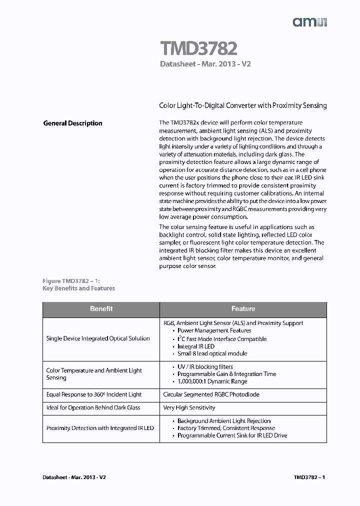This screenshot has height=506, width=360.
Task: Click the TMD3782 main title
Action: [x=198, y=48]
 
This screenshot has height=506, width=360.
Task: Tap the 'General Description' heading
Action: [x=73, y=123]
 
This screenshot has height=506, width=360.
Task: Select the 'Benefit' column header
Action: [x=101, y=309]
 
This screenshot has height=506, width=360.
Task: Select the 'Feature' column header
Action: [x=243, y=309]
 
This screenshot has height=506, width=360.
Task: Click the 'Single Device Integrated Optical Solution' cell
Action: [x=98, y=338]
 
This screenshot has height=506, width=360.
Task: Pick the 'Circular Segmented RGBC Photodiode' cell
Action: [x=211, y=394]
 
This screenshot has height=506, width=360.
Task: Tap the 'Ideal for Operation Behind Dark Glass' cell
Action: [x=93, y=407]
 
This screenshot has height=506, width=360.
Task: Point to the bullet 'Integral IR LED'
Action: [x=196, y=346]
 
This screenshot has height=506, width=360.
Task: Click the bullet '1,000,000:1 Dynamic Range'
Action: [x=212, y=381]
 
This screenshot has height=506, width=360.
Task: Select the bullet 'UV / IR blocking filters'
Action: [x=205, y=367]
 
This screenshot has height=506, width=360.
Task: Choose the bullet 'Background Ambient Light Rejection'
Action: [x=224, y=421]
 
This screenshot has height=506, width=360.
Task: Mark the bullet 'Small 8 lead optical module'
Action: [x=212, y=353]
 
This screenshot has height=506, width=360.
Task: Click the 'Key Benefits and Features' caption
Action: [x=79, y=288]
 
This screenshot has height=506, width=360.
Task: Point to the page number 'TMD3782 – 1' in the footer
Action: [x=309, y=477]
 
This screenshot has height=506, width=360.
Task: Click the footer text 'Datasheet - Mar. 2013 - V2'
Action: [x=74, y=477]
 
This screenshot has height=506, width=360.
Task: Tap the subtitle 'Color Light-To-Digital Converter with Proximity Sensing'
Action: [x=242, y=106]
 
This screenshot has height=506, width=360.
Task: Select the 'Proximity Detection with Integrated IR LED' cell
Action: [x=100, y=428]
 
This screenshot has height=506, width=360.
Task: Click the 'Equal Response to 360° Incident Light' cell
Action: [x=94, y=394]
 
